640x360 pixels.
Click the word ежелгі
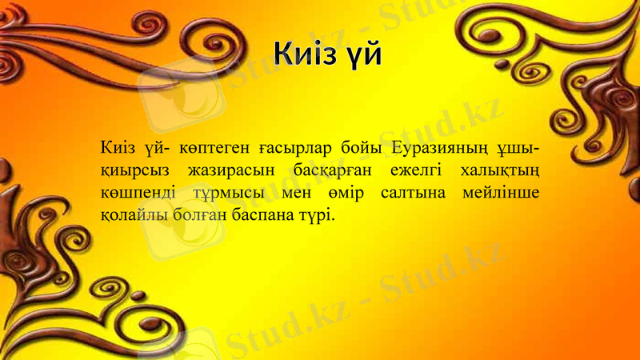coord(418,171)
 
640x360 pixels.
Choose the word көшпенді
coord(137,194)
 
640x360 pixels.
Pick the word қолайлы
coord(130,216)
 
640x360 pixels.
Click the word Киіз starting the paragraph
coord(118,149)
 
